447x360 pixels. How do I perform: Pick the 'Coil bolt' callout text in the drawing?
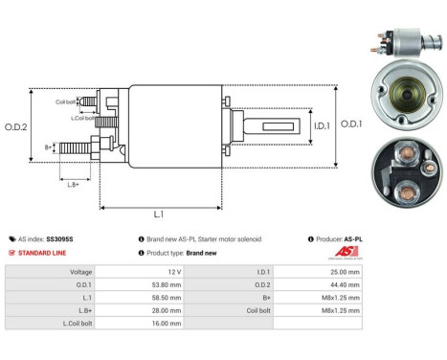(x=64, y=101)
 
